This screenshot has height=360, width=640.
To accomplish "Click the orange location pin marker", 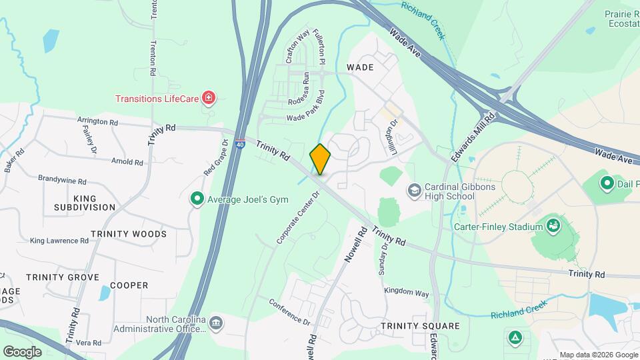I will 320,159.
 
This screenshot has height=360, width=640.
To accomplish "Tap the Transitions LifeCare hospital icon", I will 209,99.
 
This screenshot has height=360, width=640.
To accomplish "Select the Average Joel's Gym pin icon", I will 197,198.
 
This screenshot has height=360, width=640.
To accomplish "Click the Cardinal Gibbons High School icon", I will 414,191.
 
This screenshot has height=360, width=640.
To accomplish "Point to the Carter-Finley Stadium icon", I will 553,227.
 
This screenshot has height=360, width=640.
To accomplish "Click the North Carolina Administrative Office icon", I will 216,324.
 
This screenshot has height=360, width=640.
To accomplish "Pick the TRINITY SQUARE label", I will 420,326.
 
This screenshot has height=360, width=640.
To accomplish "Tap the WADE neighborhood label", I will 360,67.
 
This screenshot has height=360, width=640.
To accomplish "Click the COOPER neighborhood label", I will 129,285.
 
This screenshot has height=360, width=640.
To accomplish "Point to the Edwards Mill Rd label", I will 474,136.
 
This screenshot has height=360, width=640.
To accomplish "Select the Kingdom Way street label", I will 406,292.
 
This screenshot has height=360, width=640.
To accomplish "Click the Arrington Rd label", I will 97,122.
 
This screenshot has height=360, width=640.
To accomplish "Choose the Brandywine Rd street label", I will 62,181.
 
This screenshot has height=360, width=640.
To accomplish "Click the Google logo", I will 23,351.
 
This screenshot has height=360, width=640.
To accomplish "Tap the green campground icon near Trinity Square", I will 514,337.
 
